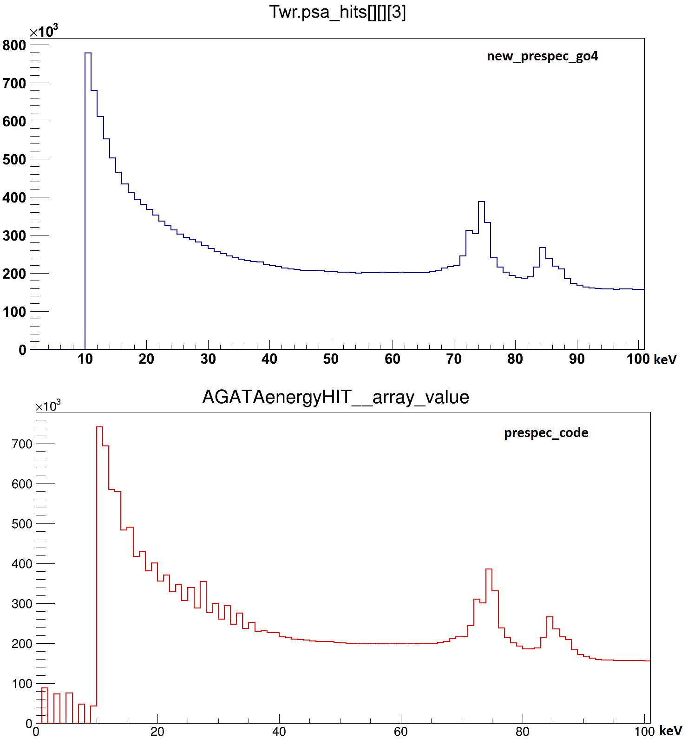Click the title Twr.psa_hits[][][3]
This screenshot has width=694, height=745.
pyautogui.click(x=338, y=13)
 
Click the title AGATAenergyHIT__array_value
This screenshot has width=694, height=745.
pyautogui.click(x=335, y=398)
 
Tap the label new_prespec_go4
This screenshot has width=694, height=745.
pyautogui.click(x=542, y=56)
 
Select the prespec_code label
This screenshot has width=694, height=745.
pyautogui.click(x=546, y=433)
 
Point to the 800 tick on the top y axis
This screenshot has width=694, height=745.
pyautogui.click(x=14, y=45)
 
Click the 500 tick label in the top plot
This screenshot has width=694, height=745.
pyautogui.click(x=14, y=159)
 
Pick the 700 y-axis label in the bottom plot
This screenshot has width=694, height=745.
pyautogui.click(x=22, y=444)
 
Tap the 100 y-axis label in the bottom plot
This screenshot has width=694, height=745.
pyautogui.click(x=22, y=684)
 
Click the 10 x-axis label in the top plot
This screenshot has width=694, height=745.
pyautogui.click(x=85, y=359)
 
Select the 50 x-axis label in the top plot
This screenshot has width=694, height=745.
pyautogui.click(x=331, y=359)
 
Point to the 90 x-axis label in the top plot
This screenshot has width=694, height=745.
pyautogui.click(x=576, y=359)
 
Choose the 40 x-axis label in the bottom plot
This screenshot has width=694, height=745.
pyautogui.click(x=279, y=732)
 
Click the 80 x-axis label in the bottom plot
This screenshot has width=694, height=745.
pyautogui.click(x=523, y=732)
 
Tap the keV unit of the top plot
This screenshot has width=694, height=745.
pyautogui.click(x=665, y=359)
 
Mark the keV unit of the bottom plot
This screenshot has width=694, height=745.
pyautogui.click(x=671, y=731)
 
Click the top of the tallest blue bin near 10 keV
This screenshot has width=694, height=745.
pyautogui.click(x=88, y=53)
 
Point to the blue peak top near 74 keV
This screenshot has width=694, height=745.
pyautogui.click(x=481, y=202)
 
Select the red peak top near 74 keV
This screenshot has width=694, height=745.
pyautogui.click(x=489, y=569)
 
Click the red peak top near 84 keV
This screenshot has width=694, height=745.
pyautogui.click(x=550, y=617)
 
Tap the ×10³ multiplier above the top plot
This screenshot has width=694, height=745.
pyautogui.click(x=44, y=32)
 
